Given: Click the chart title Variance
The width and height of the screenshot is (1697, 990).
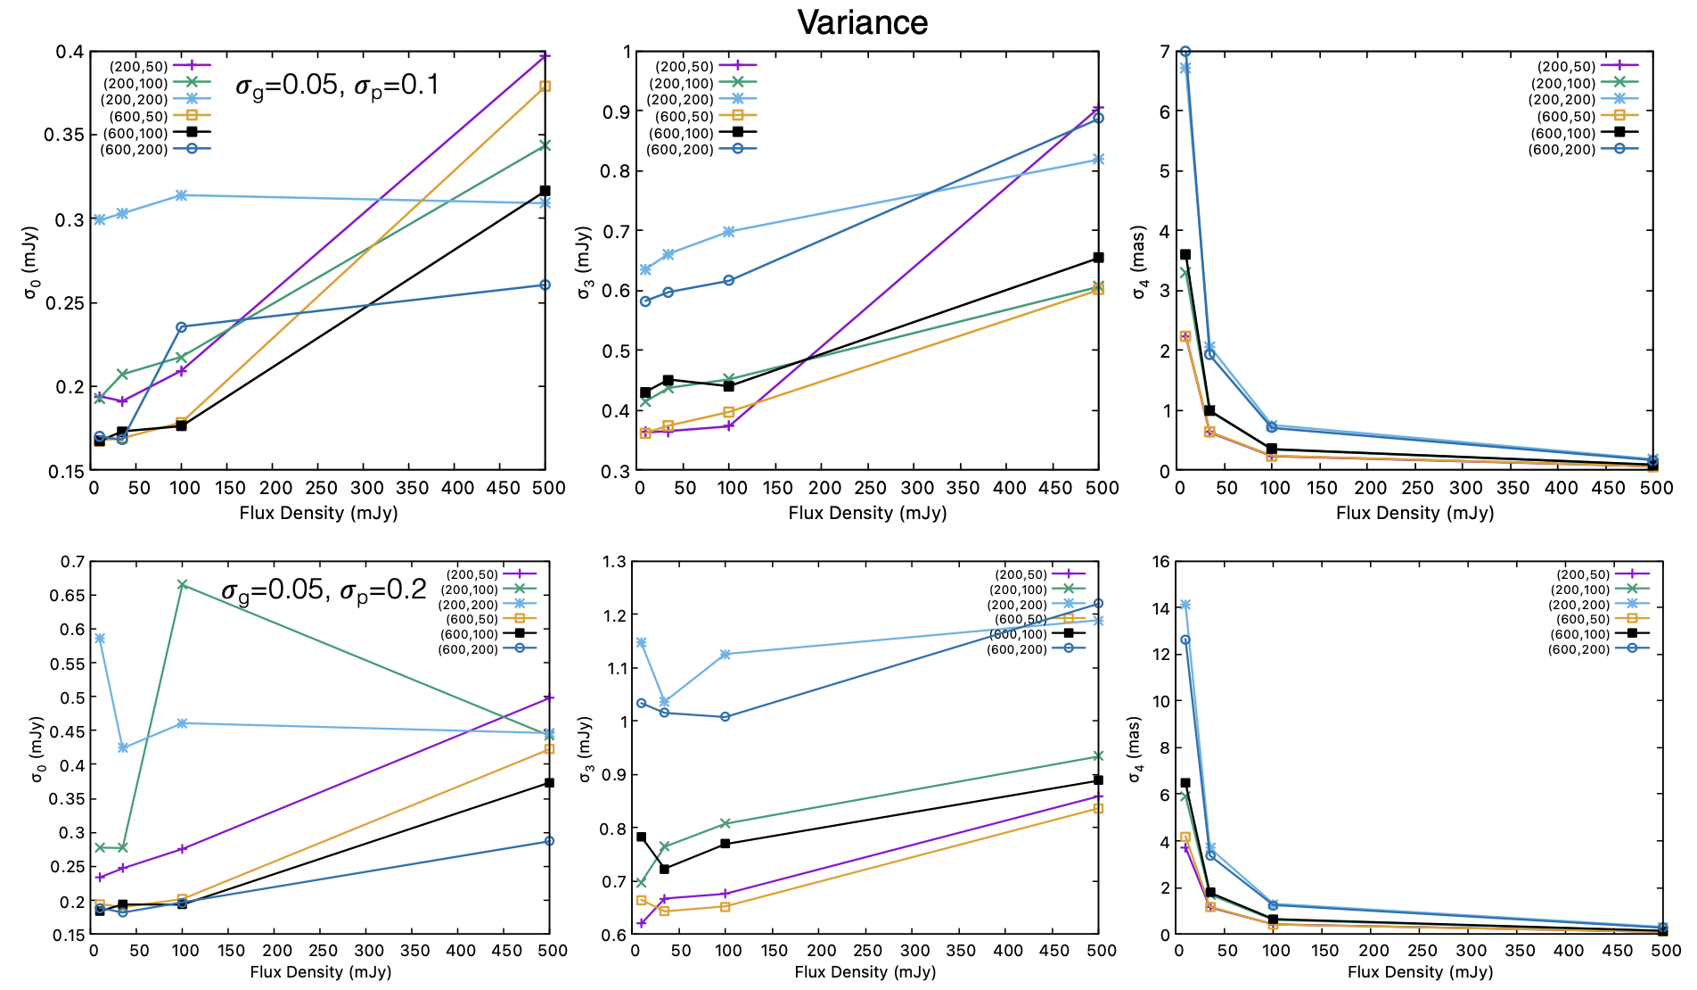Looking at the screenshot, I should [862, 22].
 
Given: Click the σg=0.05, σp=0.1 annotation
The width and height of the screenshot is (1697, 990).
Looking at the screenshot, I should [337, 86].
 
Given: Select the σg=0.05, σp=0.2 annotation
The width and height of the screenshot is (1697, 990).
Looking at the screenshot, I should [324, 590].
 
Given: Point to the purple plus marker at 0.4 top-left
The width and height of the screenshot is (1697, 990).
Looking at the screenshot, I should [545, 55].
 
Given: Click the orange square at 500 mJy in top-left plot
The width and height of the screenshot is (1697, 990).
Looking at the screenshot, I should [545, 87].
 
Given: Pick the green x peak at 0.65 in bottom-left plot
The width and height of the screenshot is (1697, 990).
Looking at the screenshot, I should [182, 585].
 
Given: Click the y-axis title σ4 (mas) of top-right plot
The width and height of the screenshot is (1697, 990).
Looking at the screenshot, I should [1139, 263].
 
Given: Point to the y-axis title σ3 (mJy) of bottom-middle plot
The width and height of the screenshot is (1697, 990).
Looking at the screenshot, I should [586, 749].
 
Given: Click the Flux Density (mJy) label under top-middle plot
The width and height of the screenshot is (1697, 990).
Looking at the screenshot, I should [867, 513].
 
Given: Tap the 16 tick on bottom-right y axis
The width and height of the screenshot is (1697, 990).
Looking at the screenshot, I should [1160, 562].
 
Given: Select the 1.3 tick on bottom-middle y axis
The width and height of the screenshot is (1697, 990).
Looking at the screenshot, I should [615, 562].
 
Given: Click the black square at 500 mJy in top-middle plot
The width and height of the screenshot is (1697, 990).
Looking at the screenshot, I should [1098, 258].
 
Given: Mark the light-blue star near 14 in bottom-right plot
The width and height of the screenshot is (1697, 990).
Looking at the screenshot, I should [1185, 605].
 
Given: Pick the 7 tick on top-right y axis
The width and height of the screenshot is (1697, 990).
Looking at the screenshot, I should [1164, 52].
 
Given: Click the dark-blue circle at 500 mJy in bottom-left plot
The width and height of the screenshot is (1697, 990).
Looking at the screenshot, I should [549, 841].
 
